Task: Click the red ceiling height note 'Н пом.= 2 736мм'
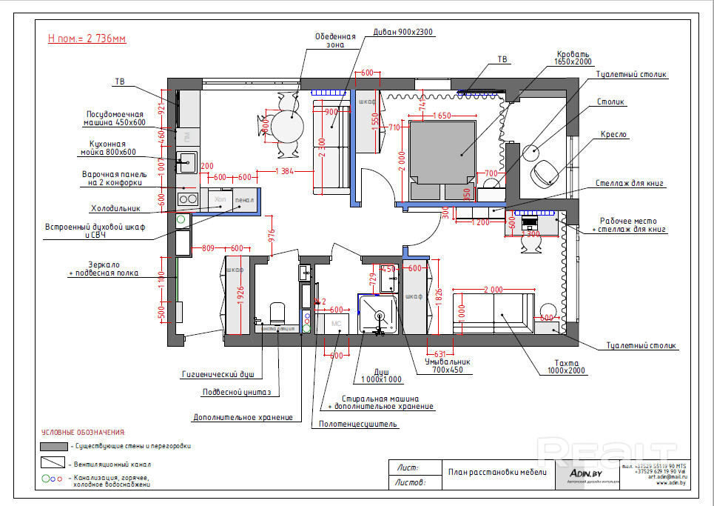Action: coord(87,39)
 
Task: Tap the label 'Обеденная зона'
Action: coord(335,40)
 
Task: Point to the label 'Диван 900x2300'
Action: coord(403,33)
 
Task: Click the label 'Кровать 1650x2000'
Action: coord(573,59)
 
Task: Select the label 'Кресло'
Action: coord(615,135)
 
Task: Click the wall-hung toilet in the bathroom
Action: coord(277,313)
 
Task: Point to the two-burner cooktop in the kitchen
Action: coord(189,199)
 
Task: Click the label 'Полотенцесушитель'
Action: coord(358,425)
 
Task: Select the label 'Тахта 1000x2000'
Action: coord(566,367)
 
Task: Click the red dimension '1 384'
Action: coord(284,172)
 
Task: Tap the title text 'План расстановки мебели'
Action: coord(497,472)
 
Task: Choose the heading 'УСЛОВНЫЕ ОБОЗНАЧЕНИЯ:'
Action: coord(83,432)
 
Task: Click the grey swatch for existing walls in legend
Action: coord(54,446)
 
